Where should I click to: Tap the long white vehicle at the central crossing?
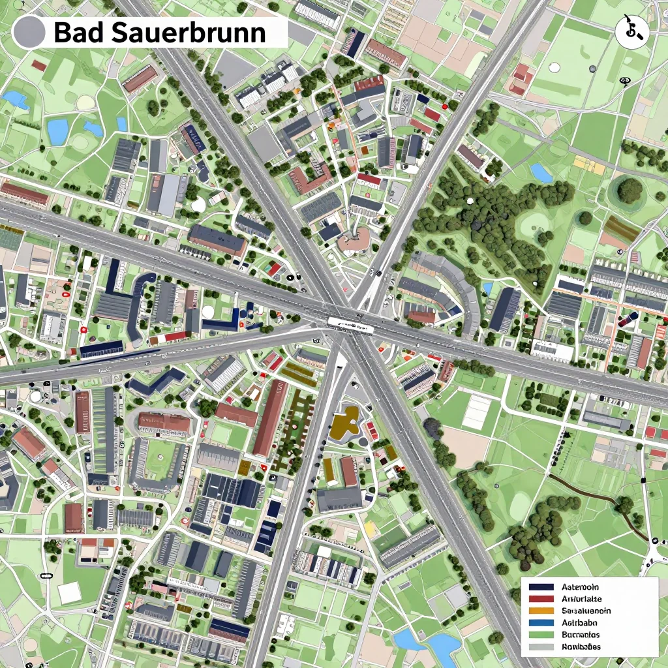pyautogui.click(x=351, y=324)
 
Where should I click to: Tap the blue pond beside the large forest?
pyautogui.click(x=541, y=173)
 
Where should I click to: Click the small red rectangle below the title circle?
pyautogui.click(x=39, y=65)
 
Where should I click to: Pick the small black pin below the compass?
pyautogui.click(x=625, y=81)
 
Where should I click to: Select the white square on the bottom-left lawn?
pyautogui.click(x=69, y=592)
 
